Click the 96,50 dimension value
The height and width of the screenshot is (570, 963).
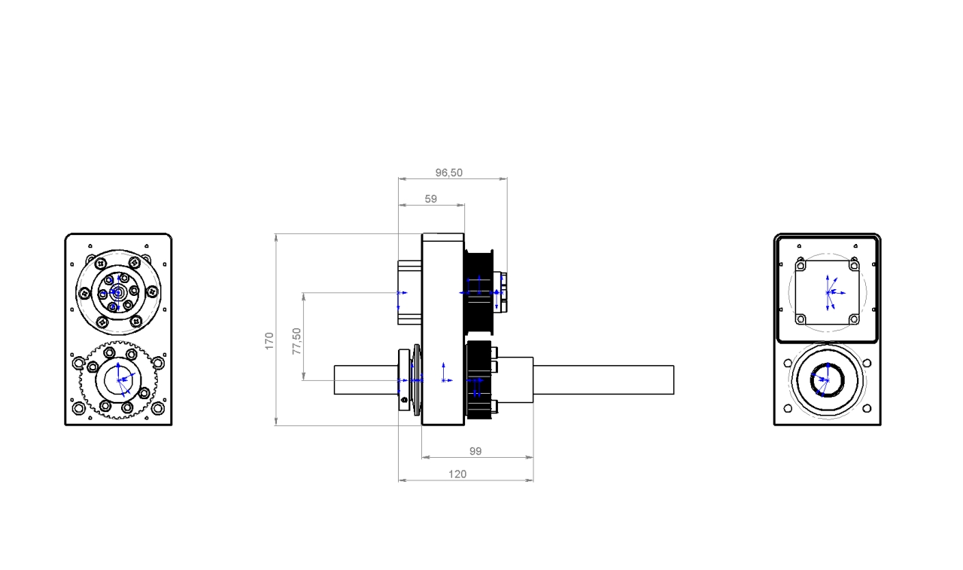point(449,172)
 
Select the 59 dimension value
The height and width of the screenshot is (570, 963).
point(431,199)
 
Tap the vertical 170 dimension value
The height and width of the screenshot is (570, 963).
point(269,341)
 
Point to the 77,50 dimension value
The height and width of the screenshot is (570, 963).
point(296,341)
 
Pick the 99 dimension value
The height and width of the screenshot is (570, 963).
point(475,451)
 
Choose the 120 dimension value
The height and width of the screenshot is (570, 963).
point(457,474)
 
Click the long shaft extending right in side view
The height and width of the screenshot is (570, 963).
point(603,379)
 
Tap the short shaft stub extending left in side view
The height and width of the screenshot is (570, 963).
point(366,379)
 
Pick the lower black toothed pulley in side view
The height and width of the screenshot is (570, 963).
point(478,379)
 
